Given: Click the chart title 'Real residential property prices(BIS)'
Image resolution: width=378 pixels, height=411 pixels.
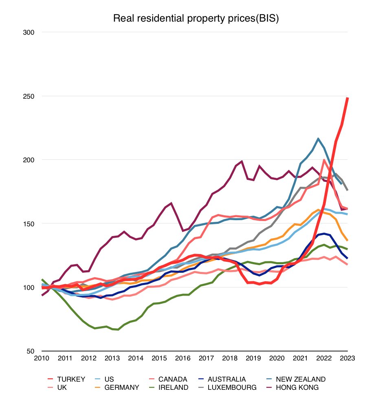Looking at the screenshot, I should point(196,19).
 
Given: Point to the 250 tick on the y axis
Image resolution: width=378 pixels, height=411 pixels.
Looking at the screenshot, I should point(30,96).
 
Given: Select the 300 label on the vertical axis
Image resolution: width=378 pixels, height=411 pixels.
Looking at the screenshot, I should point(30,32).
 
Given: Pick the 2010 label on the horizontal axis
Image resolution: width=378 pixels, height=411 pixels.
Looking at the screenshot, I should point(42,358).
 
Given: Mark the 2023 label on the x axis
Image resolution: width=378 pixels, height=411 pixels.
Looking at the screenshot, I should point(347,358).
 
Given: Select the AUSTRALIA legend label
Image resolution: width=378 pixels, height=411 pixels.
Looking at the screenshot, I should point(227,379).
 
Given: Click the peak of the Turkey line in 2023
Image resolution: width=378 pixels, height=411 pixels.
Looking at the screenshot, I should point(347,98).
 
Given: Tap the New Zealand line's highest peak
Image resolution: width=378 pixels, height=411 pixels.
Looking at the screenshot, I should point(318,139).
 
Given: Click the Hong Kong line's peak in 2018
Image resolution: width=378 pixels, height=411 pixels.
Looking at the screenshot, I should point(242,161).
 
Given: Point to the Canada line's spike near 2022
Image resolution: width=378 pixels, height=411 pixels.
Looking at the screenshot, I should point(324,160).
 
